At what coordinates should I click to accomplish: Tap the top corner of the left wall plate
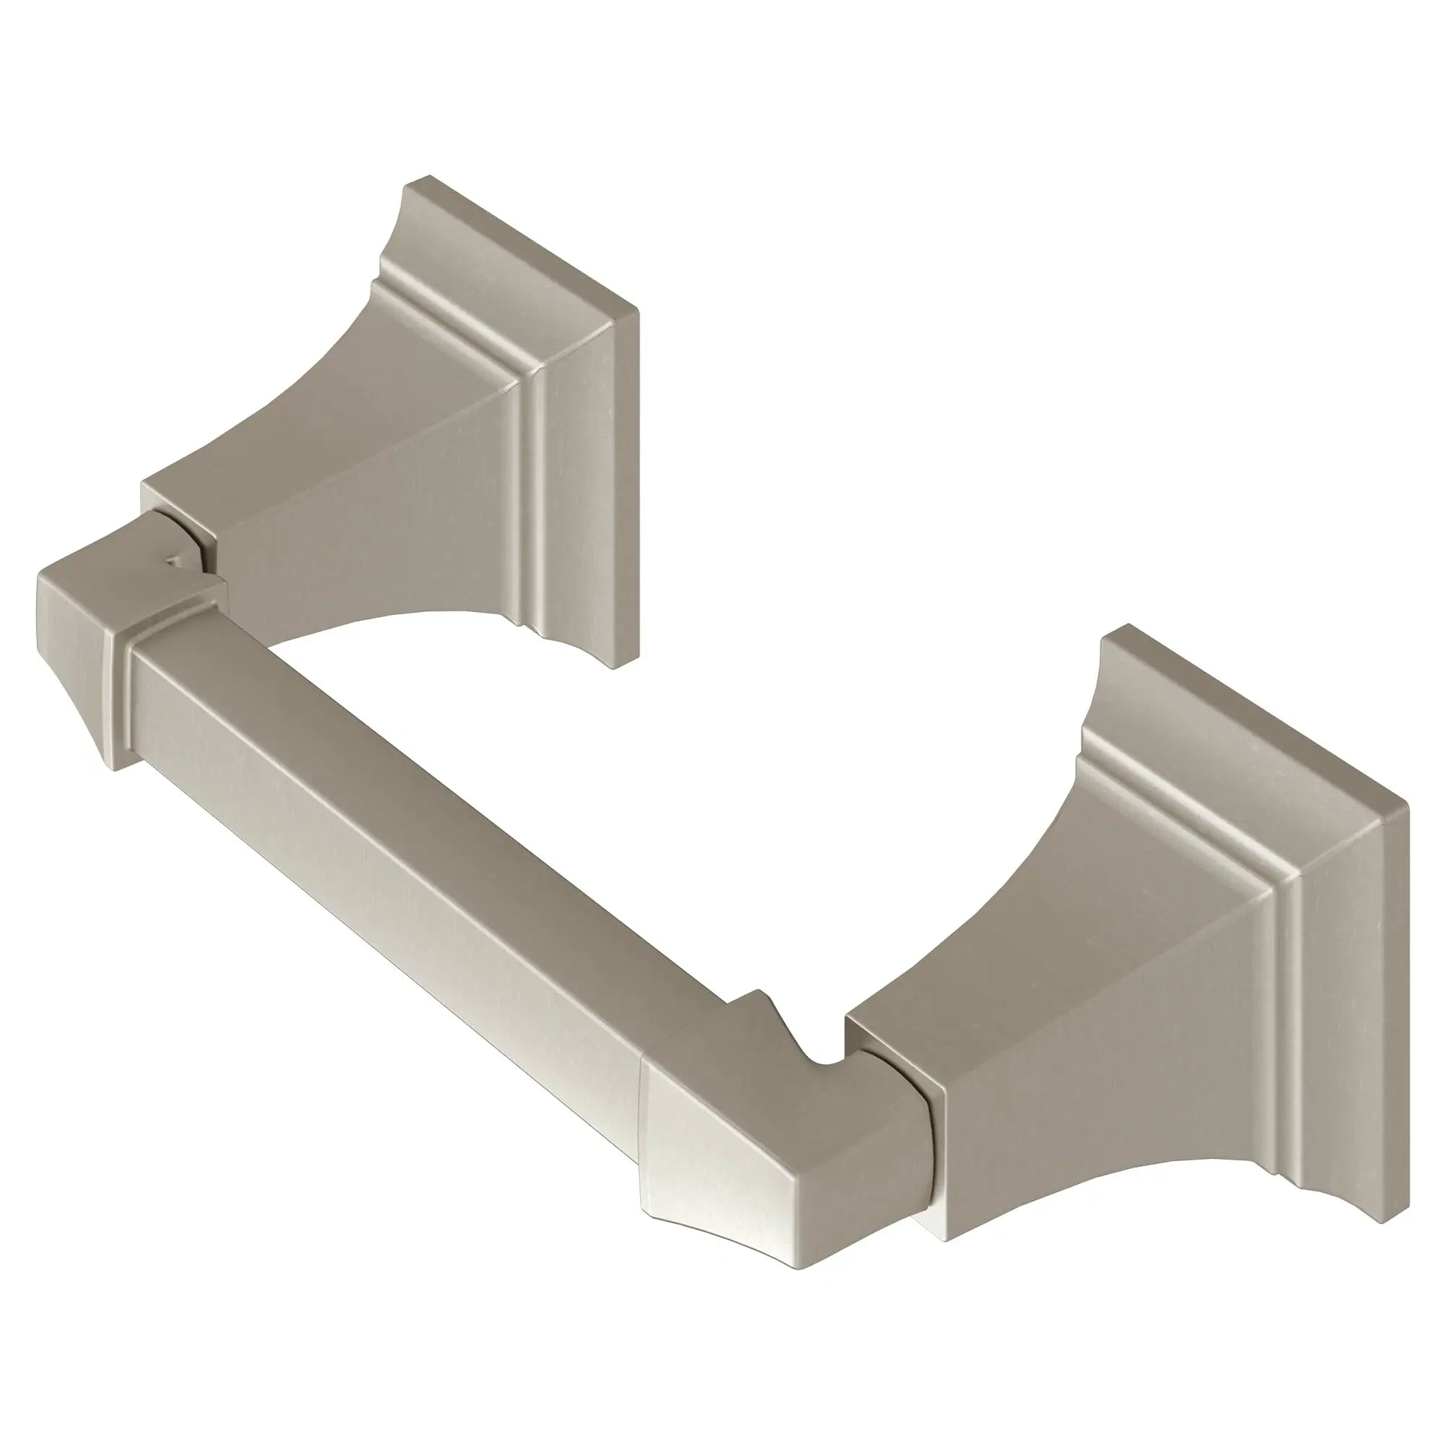[428, 178]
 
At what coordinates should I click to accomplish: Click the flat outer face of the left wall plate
[591, 479]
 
